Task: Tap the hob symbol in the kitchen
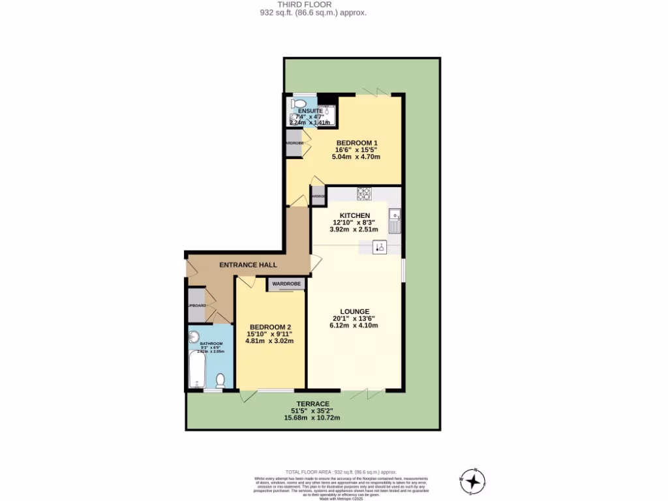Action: (x=364, y=193)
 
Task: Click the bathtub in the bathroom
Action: (x=196, y=370)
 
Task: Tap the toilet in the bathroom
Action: (x=221, y=380)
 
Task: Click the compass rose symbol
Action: (x=474, y=482)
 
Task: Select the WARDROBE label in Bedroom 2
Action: (x=286, y=284)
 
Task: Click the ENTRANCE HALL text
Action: (x=248, y=265)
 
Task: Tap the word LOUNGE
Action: (x=354, y=311)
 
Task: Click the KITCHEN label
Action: (x=355, y=215)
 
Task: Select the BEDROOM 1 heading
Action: (x=357, y=143)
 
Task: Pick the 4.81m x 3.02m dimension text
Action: (x=269, y=341)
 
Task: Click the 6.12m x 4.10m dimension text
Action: (x=354, y=326)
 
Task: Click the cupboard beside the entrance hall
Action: (x=196, y=305)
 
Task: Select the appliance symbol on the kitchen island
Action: (x=380, y=247)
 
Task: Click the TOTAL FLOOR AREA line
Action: (x=341, y=472)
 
